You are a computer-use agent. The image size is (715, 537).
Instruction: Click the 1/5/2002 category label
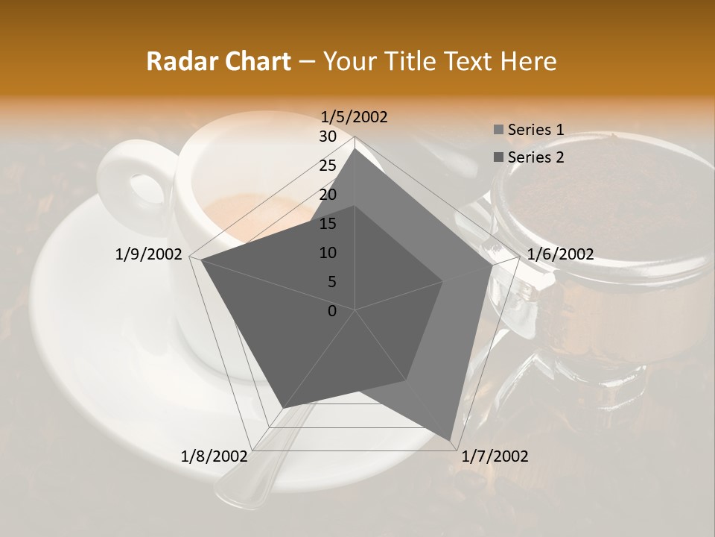point(354,116)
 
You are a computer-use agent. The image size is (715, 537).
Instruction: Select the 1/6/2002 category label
point(560,254)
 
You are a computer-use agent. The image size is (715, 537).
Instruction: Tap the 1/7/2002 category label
point(495,456)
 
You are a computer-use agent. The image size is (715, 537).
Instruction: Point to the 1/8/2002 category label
point(214,456)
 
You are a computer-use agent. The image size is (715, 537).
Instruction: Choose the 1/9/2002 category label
point(149,254)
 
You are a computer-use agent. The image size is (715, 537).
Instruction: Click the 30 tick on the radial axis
point(328,136)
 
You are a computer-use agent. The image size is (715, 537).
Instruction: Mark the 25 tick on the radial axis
point(328,166)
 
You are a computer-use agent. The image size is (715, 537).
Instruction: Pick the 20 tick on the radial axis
point(328,195)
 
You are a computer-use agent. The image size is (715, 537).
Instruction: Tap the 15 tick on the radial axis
point(328,224)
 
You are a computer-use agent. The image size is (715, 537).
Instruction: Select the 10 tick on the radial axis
point(328,253)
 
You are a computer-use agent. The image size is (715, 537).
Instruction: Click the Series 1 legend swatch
point(498,131)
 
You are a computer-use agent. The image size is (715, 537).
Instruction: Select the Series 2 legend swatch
point(498,157)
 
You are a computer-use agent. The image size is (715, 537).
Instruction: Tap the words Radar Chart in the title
point(218,62)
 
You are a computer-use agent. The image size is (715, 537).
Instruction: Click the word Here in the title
point(528,62)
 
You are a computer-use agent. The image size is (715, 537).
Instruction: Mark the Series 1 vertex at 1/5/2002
point(355,148)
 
